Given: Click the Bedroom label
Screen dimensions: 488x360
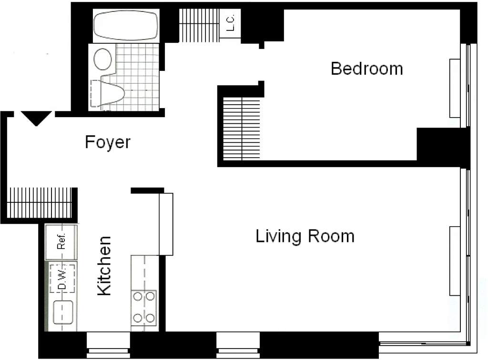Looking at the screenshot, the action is [x=366, y=69].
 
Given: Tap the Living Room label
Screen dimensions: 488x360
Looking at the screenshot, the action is [x=305, y=236].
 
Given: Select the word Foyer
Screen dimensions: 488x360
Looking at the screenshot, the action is [x=108, y=142].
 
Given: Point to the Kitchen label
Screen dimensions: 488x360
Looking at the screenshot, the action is [x=104, y=266].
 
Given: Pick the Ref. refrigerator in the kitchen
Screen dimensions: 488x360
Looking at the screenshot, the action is [x=61, y=241].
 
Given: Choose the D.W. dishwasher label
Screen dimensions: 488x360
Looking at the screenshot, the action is [x=62, y=279].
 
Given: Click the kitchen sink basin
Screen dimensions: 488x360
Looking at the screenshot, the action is [x=63, y=312].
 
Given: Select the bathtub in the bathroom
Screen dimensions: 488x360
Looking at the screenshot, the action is [x=126, y=26].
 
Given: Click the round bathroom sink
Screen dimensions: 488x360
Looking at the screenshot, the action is [x=103, y=59].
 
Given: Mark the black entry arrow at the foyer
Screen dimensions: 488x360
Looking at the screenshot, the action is [x=36, y=118].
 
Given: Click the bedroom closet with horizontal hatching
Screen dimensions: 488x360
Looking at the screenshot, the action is [x=242, y=129].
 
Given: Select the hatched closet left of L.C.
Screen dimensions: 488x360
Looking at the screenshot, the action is [x=199, y=25].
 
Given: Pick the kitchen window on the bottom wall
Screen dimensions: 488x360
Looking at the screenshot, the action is [x=108, y=344].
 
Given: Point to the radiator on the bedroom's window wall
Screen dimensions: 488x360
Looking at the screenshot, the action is [x=455, y=88].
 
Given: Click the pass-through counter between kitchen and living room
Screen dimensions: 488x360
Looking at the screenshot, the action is [x=166, y=224].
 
